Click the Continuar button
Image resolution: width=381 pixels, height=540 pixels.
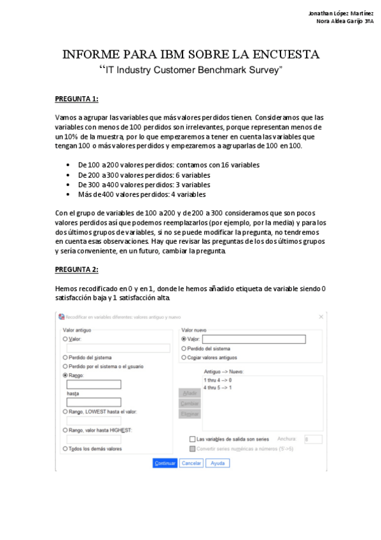click(165, 463)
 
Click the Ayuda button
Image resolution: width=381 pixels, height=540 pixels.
click(218, 463)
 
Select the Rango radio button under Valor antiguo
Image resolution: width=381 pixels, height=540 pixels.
click(66, 376)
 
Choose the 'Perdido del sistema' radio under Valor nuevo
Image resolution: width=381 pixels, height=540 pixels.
click(184, 348)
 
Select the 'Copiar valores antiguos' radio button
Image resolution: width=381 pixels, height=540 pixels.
click(184, 357)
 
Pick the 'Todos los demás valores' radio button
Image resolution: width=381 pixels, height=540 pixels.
click(66, 448)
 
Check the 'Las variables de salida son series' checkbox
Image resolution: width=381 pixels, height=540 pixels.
click(192, 439)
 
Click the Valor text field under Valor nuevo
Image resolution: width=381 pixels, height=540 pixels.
click(253, 339)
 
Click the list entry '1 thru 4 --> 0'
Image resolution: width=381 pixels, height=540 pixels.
click(218, 380)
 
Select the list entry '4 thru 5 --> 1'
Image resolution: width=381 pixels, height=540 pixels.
click(218, 387)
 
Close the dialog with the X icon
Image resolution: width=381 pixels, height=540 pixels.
click(321, 316)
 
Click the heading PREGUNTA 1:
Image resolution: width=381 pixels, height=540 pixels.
click(77, 99)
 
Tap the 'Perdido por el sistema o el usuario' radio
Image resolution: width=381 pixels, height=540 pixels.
click(66, 366)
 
